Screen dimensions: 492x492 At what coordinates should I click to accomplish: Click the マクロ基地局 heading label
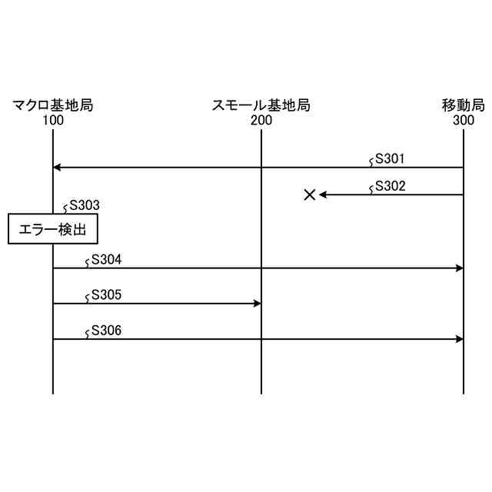click(53, 105)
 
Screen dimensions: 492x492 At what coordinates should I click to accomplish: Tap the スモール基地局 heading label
click(261, 105)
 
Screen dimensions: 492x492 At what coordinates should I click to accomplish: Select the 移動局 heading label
click(464, 105)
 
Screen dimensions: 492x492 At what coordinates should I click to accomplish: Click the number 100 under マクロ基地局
click(53, 120)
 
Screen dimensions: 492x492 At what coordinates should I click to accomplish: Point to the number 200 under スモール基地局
click(261, 120)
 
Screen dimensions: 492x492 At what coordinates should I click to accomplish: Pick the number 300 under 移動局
click(464, 120)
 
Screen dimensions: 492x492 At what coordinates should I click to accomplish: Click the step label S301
click(390, 160)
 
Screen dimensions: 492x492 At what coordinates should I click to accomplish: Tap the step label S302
click(390, 186)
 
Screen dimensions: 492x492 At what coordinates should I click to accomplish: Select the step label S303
click(85, 205)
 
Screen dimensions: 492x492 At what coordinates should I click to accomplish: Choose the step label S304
click(106, 260)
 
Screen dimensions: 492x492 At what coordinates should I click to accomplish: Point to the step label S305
click(106, 295)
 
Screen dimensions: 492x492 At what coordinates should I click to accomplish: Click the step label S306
click(106, 331)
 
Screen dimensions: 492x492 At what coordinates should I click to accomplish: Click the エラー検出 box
click(53, 228)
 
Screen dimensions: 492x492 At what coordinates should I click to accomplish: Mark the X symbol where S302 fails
click(310, 194)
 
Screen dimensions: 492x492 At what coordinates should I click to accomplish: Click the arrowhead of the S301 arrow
click(57, 168)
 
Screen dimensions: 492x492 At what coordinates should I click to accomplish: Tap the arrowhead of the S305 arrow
click(257, 304)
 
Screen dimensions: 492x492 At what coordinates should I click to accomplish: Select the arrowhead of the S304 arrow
click(459, 268)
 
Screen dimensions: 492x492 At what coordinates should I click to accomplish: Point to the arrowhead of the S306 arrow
click(459, 339)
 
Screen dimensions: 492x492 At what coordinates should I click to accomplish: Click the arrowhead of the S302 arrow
click(324, 194)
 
